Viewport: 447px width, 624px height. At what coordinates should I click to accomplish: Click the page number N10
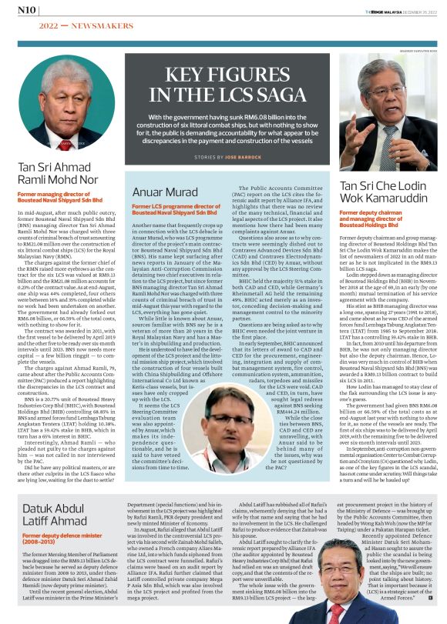[x=26, y=9]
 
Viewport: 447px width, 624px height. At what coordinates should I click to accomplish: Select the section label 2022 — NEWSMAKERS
[x=69, y=25]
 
